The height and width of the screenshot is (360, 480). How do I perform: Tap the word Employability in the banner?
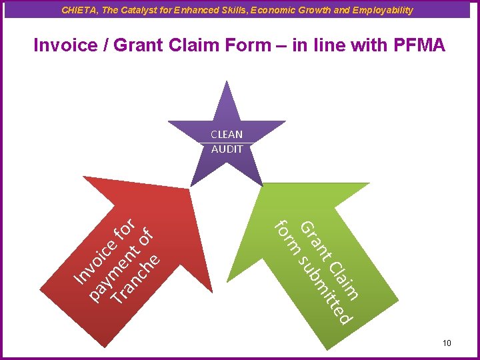click(382, 10)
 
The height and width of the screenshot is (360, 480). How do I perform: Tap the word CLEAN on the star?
click(227, 134)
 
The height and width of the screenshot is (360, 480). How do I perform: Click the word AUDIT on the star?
click(227, 149)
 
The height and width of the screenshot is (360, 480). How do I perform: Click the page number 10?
click(446, 343)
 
